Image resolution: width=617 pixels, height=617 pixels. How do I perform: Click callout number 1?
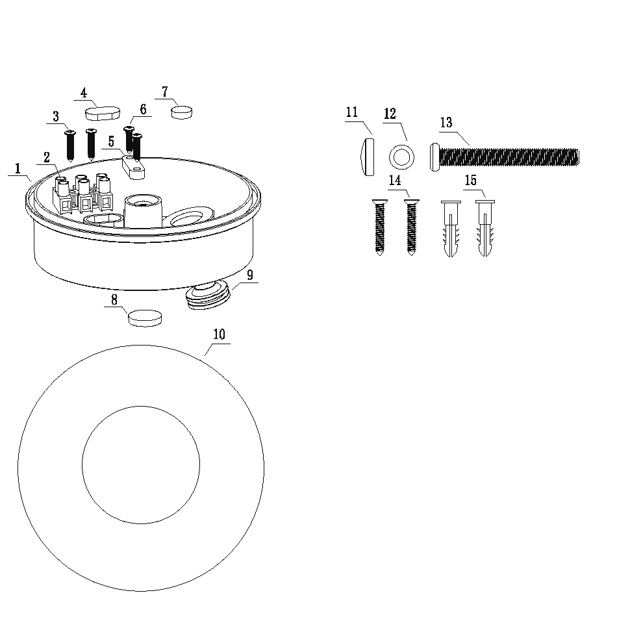pos(18,169)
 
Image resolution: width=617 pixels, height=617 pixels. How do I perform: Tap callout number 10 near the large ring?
pos(219,334)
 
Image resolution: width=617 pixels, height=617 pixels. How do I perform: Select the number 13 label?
pos(446,123)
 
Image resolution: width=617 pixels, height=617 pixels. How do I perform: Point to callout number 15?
pos(471,180)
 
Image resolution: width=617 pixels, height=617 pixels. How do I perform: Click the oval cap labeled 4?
pos(103,113)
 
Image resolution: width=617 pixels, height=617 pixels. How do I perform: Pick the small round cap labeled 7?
pos(181,112)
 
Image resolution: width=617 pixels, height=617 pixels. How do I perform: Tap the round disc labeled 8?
pos(145,318)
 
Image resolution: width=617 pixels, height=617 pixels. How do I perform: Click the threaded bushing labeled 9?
pos(207,295)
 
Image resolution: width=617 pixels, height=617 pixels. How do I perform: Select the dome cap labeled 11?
pos(368,157)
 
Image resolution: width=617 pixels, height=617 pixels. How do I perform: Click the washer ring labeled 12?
pos(394,157)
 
